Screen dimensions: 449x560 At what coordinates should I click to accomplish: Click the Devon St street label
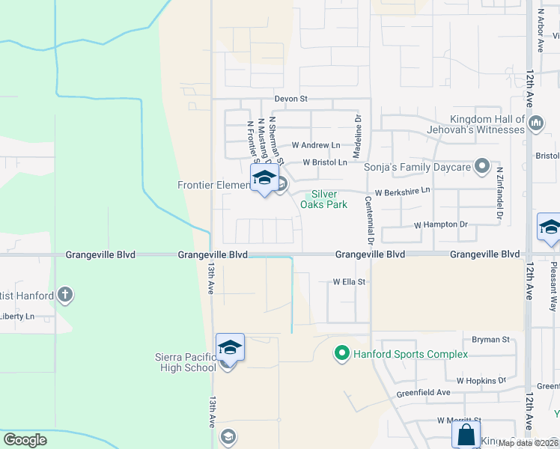coord(291,99)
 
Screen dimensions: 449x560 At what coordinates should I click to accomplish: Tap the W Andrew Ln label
coord(316,144)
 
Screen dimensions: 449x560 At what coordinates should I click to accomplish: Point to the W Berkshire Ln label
coord(403,192)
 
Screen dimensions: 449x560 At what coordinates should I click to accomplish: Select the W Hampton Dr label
coord(440,224)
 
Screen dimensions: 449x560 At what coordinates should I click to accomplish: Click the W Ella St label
coord(349,282)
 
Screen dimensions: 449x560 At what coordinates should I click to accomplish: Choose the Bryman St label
coord(490,339)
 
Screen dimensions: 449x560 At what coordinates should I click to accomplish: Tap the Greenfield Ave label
coord(424,392)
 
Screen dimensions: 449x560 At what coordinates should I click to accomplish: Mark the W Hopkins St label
coord(482,381)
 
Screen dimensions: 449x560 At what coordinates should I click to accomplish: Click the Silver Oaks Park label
coord(323,199)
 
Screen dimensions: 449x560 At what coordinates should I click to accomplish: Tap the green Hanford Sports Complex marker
coord(342,352)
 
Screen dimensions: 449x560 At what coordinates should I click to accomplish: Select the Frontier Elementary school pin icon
coord(264,180)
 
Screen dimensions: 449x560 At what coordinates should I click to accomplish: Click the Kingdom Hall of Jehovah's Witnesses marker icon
coord(535,122)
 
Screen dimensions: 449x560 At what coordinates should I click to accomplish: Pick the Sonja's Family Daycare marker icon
coord(483,165)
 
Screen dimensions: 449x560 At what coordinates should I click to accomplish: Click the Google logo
coord(25,440)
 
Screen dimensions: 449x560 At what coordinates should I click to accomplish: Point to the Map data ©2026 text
coord(528,443)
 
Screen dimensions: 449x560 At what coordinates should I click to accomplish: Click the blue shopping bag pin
coord(466,434)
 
